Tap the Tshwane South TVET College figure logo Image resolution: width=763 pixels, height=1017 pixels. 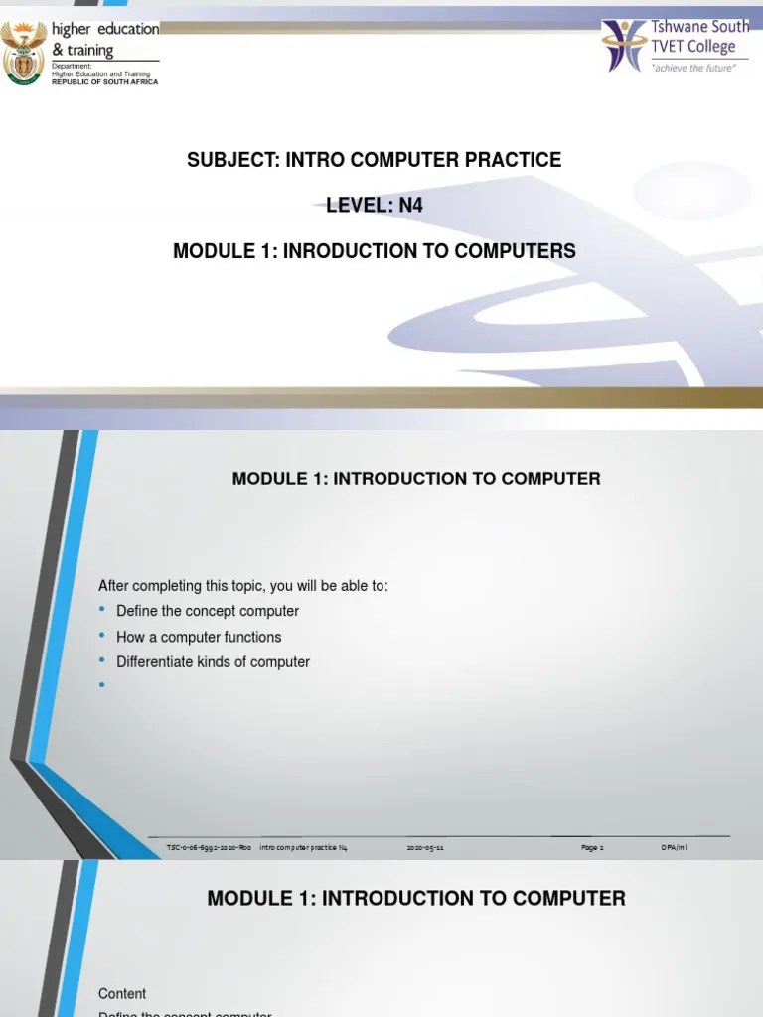tap(623, 45)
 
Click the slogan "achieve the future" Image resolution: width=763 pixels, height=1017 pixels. tap(692, 68)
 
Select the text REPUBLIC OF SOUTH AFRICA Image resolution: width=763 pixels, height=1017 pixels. tap(104, 82)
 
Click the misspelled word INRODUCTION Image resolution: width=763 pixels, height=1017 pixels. tap(347, 251)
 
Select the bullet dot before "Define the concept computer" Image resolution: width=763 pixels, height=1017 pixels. tap(102, 609)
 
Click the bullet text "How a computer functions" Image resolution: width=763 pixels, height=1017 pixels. tap(199, 637)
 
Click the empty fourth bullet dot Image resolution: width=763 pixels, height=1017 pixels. tap(102, 684)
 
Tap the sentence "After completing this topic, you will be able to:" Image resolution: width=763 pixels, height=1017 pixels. tap(243, 586)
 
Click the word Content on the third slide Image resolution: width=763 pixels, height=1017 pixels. tap(122, 993)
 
